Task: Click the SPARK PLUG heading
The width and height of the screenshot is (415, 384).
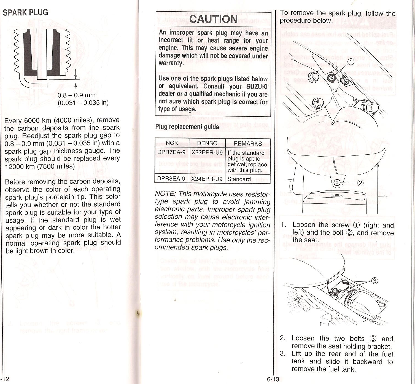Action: point(25,12)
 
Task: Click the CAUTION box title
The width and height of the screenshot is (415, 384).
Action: point(213,19)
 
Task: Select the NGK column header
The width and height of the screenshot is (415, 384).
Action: point(172,143)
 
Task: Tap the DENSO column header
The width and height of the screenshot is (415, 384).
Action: point(207,143)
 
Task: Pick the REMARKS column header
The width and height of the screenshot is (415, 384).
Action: point(247,143)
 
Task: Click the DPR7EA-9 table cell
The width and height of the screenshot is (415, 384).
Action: point(171,152)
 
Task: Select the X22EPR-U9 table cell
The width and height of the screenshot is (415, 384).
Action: point(207,152)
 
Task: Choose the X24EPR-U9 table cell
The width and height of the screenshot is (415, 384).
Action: point(207,179)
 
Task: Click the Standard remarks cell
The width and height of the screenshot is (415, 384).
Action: point(239,179)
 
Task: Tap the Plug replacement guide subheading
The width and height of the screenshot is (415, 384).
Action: point(187,127)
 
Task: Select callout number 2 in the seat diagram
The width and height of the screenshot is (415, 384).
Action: point(361,183)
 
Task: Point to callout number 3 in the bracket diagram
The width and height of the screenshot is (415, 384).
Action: point(374,281)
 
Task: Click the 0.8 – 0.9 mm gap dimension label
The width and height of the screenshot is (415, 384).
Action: point(76,95)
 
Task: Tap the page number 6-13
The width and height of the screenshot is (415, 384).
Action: point(273,379)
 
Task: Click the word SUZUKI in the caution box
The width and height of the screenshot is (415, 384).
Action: point(257,87)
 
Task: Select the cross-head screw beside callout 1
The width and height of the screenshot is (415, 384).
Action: point(332,78)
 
